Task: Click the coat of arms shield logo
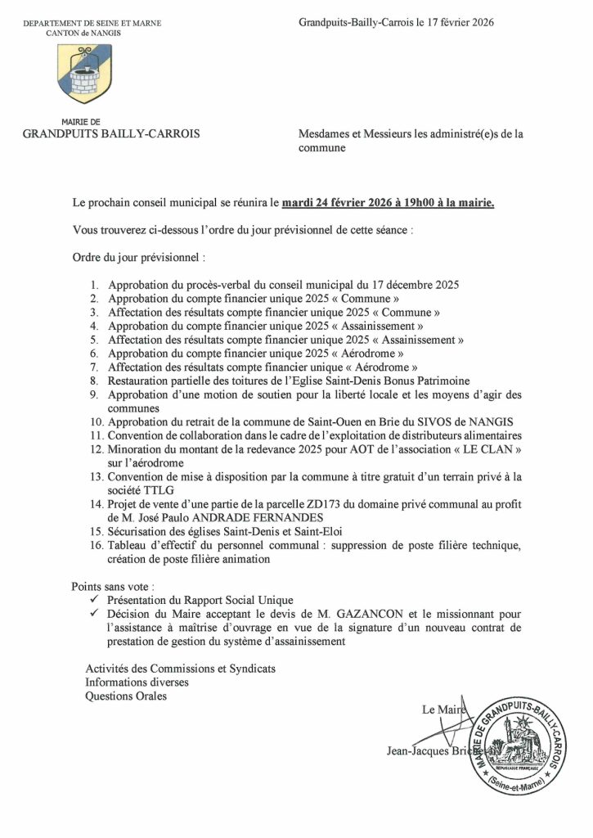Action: click(84, 74)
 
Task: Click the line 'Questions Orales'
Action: click(126, 696)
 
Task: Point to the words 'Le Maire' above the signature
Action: click(443, 710)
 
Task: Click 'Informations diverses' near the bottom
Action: click(137, 682)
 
